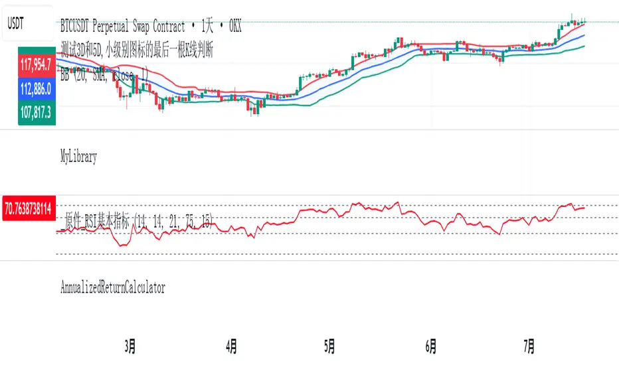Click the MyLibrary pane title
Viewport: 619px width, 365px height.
click(x=78, y=157)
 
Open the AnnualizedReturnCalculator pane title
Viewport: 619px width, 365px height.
click(x=113, y=287)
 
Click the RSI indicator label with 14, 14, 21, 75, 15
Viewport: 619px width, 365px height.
click(x=136, y=224)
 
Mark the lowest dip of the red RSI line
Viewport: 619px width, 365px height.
click(x=122, y=246)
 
